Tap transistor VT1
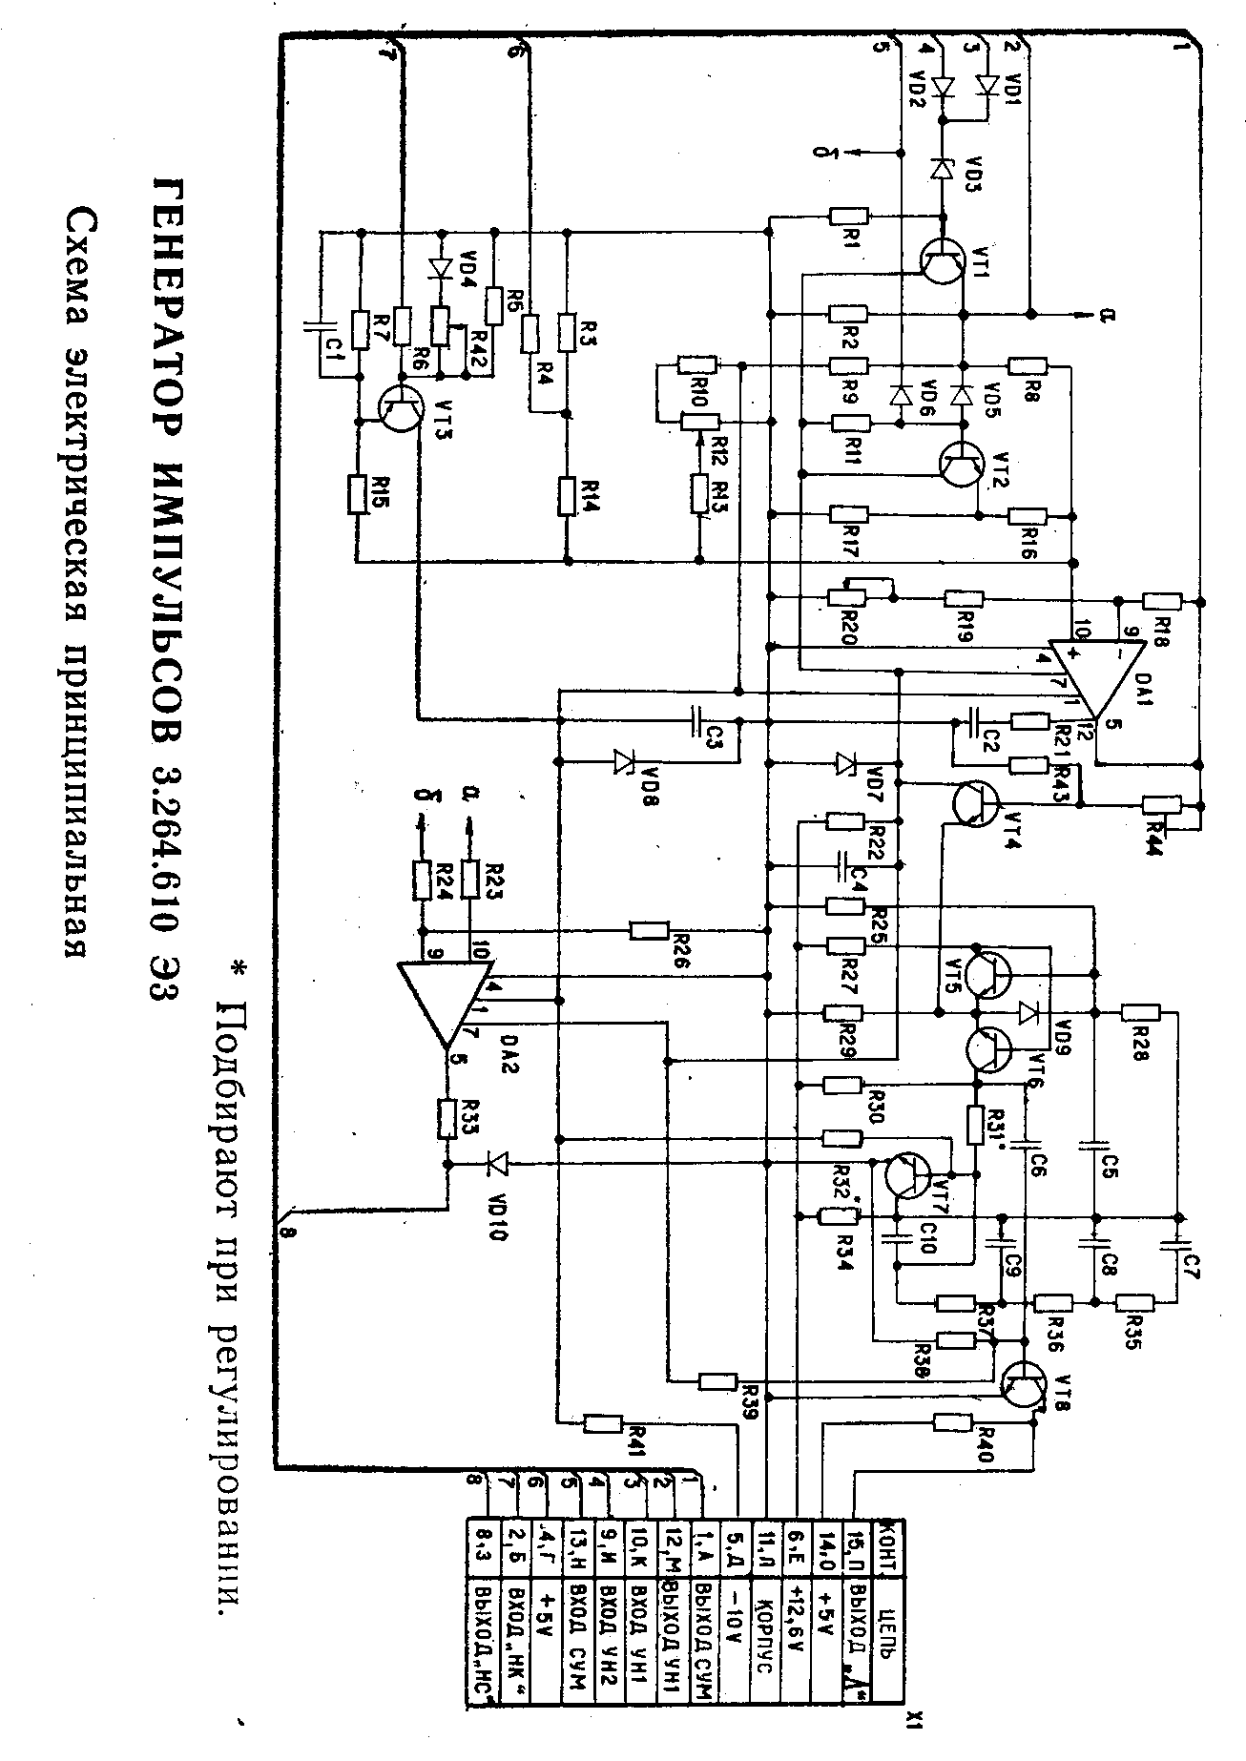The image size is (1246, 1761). [x=943, y=259]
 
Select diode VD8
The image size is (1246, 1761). [x=625, y=760]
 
